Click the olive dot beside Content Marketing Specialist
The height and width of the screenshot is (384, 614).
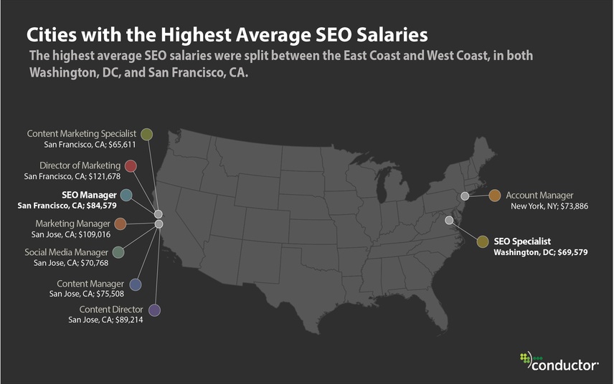click(x=146, y=134)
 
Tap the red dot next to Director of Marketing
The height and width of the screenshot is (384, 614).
click(x=131, y=166)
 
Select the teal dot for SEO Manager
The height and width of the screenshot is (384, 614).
click(x=126, y=195)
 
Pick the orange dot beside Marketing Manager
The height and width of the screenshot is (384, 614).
click(x=121, y=224)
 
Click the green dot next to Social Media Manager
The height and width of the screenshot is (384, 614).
click(x=118, y=252)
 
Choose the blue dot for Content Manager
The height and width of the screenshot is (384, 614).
click(x=135, y=284)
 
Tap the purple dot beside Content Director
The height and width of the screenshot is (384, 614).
click(x=154, y=309)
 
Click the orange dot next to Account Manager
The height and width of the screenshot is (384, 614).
click(x=494, y=196)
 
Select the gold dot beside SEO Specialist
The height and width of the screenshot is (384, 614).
click(x=483, y=241)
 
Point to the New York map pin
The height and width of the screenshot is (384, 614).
click(x=465, y=196)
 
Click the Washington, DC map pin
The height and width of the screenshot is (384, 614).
click(x=449, y=220)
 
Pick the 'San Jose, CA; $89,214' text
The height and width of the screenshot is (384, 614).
click(x=105, y=320)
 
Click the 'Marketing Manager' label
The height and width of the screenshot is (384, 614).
click(x=72, y=224)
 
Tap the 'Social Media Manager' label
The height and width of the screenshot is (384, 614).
click(x=66, y=252)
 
